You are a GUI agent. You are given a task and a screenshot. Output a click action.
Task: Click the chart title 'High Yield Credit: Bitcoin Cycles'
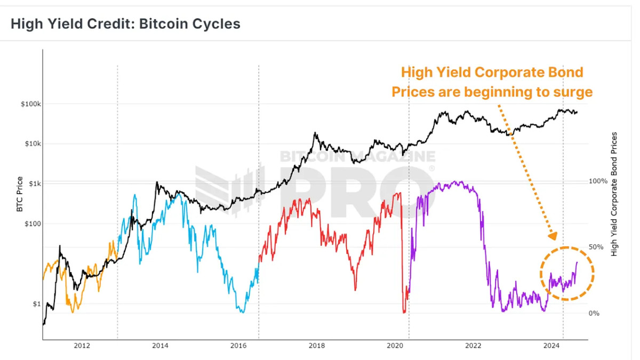click(x=125, y=24)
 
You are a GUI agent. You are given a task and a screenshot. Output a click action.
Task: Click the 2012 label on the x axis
click(x=82, y=346)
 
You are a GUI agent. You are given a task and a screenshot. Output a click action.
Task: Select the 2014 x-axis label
click(x=160, y=346)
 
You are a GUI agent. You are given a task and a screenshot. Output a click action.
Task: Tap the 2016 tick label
click(x=238, y=346)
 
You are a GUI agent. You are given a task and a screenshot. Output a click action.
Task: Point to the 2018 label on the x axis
click(x=317, y=346)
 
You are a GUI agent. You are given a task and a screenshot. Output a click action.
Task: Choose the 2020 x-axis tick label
click(x=395, y=346)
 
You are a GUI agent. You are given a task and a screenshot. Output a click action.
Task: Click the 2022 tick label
click(x=474, y=346)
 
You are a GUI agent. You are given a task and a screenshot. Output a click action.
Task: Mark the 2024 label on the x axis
click(x=552, y=346)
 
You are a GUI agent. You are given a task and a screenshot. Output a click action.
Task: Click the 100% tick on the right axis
click(x=598, y=181)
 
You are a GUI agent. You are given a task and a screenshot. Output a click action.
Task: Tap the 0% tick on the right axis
click(x=594, y=314)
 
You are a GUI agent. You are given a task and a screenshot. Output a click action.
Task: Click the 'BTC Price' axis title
click(x=20, y=194)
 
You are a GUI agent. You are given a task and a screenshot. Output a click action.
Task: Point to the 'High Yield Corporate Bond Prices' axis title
click(x=614, y=194)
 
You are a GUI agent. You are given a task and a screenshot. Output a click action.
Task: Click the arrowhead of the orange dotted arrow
click(x=553, y=235)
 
